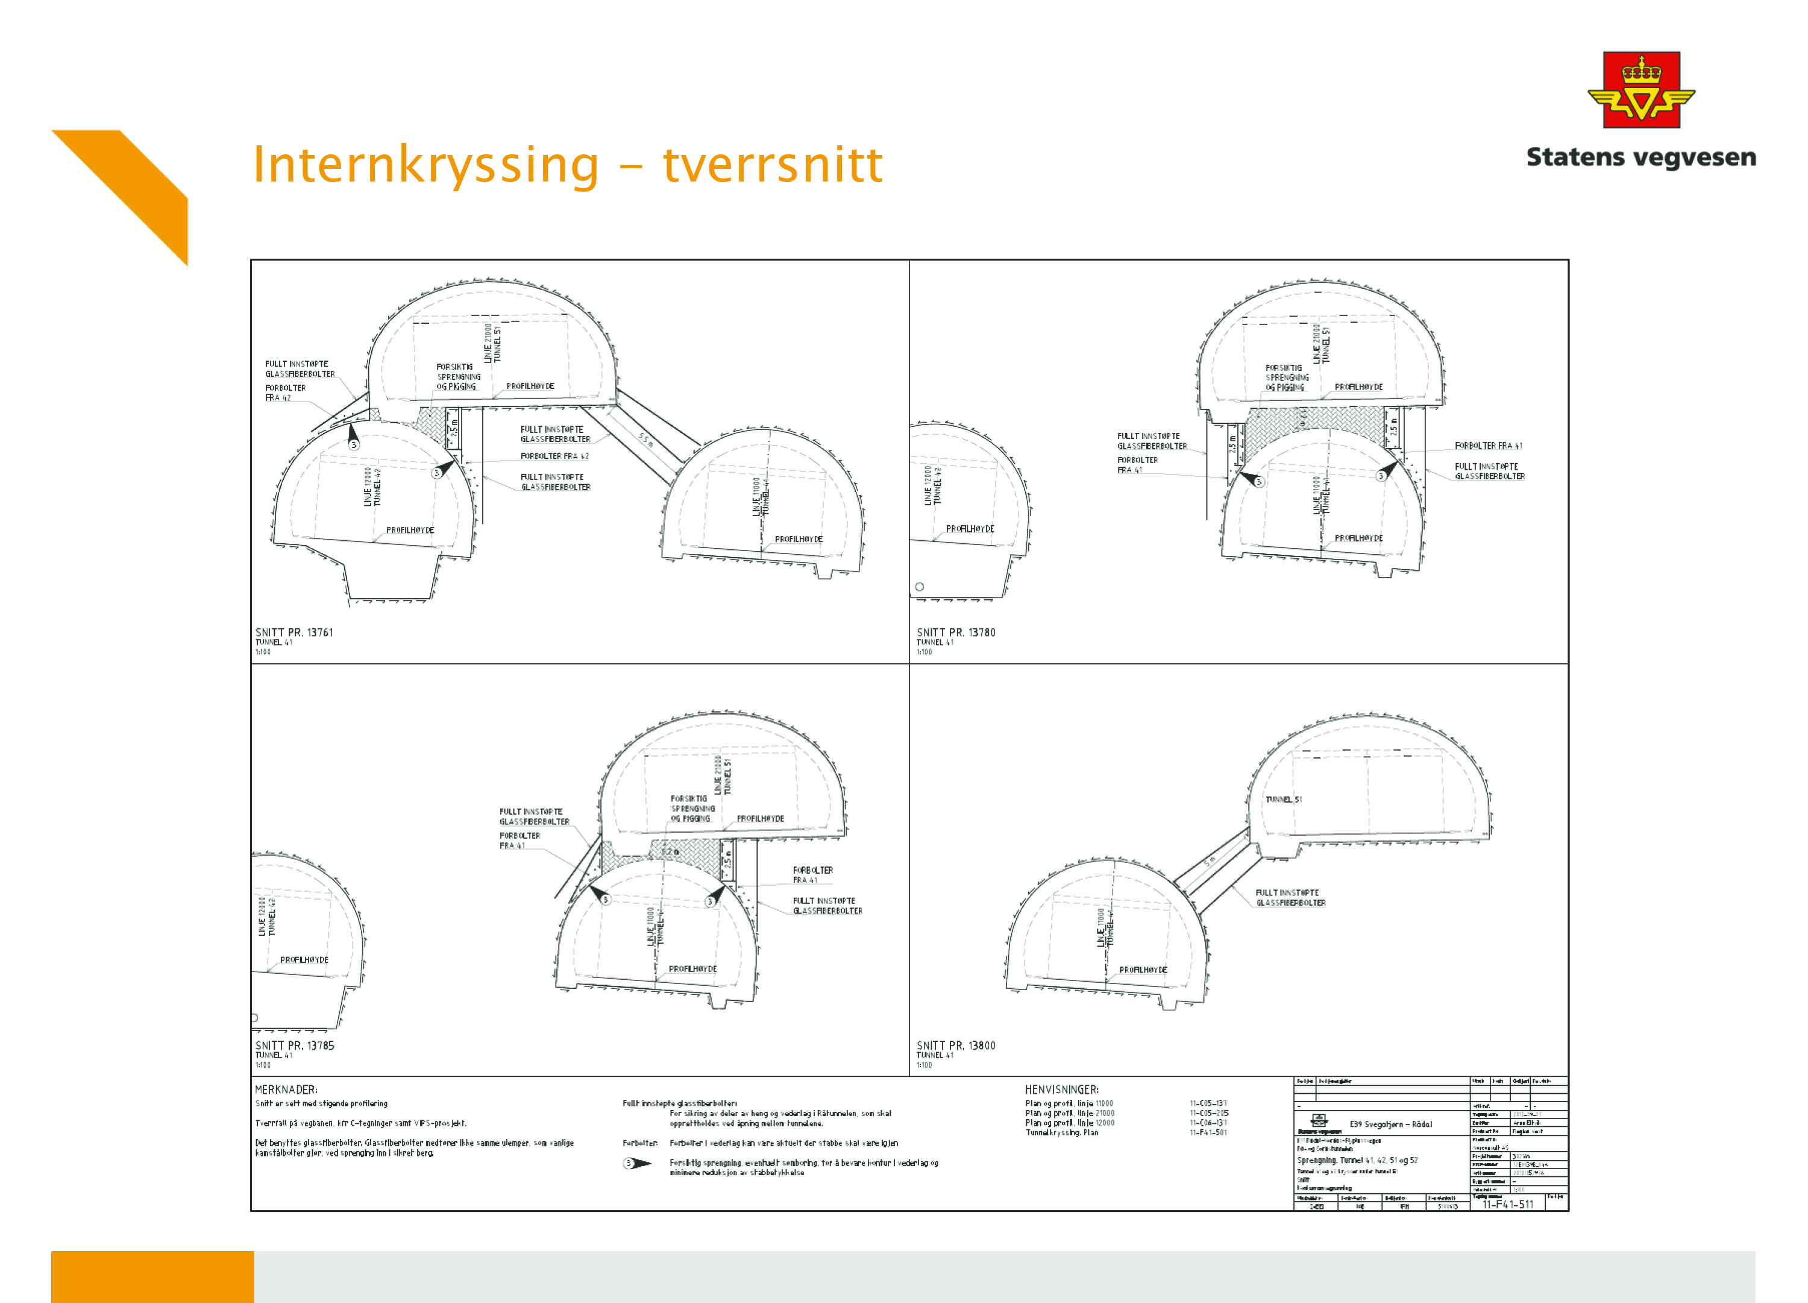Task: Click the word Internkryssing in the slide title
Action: (x=425, y=165)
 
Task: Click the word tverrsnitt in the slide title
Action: (x=773, y=165)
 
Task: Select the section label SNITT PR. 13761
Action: (x=294, y=633)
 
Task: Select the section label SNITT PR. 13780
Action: (x=956, y=633)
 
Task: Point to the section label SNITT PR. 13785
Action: (x=294, y=1046)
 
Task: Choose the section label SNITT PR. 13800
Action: (x=956, y=1046)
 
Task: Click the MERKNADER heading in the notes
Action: (x=286, y=1090)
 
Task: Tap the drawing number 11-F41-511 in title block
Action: (x=1507, y=1204)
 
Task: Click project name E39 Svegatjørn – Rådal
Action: (x=1390, y=1125)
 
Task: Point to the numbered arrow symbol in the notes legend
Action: (x=637, y=1164)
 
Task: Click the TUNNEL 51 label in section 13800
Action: (x=1284, y=799)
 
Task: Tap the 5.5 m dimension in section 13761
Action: (x=645, y=440)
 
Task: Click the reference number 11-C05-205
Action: (x=1208, y=1113)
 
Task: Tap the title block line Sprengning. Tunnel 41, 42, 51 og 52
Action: (x=1357, y=1160)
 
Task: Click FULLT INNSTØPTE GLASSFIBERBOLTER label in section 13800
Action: (x=1290, y=898)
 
